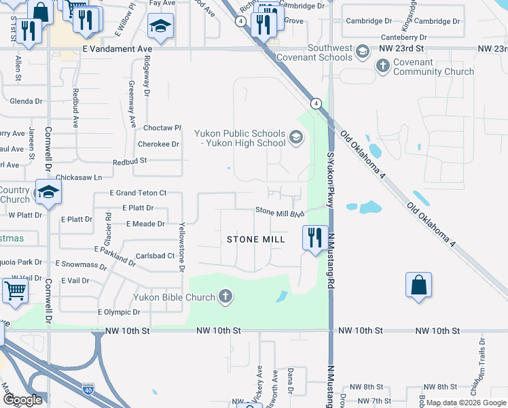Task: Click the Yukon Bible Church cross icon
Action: click(x=225, y=296)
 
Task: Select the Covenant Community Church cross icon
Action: click(x=383, y=66)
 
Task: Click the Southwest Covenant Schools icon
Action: click(x=363, y=52)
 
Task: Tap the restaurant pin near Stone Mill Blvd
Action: click(x=314, y=238)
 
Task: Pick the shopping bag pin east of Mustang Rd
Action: click(x=418, y=285)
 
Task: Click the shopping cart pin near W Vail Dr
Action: click(x=15, y=290)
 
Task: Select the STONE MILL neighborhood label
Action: click(x=255, y=239)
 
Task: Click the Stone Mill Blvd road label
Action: click(x=278, y=212)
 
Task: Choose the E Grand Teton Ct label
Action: click(x=139, y=193)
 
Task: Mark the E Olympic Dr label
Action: click(x=119, y=312)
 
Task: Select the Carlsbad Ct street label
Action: click(x=156, y=256)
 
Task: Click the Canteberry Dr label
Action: click(x=404, y=37)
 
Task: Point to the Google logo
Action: click(x=23, y=400)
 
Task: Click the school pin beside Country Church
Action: click(x=49, y=192)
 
